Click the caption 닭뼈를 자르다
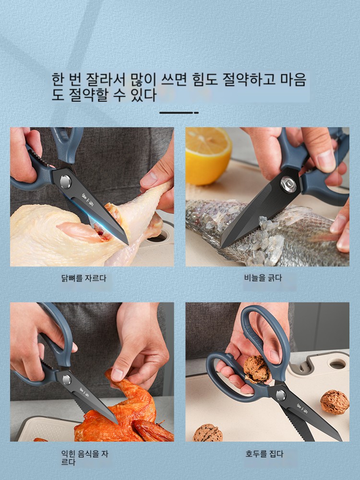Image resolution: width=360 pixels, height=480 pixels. point(84,278)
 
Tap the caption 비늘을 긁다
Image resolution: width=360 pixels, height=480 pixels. point(263,278)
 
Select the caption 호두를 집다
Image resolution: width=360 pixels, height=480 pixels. point(264,454)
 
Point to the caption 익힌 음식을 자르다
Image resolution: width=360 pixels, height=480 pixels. point(84,458)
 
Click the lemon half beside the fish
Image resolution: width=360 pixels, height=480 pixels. point(208,156)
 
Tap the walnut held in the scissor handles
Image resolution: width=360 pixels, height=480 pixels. point(256,369)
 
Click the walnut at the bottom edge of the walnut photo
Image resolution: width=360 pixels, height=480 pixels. point(207,433)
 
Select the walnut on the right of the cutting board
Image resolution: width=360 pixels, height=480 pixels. point(335,402)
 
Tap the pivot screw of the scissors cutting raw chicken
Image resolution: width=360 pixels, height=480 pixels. point(65,182)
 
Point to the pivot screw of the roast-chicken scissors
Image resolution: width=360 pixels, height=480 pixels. point(67,380)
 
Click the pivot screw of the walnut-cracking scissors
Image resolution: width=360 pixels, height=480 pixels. point(281,395)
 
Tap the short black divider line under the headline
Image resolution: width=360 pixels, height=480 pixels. point(179,113)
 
